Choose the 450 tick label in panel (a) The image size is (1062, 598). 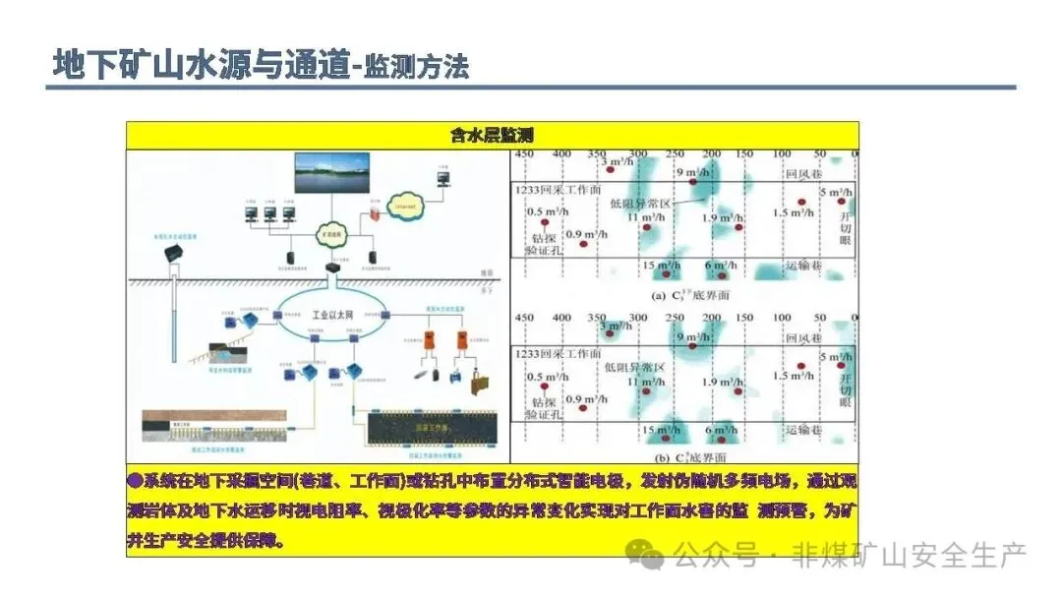[x=524, y=154]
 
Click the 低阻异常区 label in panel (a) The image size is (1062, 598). [x=640, y=203]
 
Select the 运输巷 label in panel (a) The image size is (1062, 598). [x=803, y=266]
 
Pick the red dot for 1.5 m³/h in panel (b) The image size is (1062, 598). [x=801, y=365]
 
